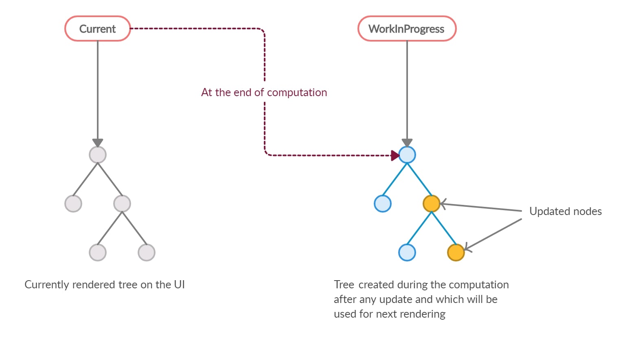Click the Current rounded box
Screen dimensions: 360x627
tap(97, 29)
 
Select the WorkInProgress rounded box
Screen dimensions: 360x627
tap(407, 29)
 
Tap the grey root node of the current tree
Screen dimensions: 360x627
tap(98, 155)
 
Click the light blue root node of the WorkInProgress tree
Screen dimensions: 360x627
tap(407, 155)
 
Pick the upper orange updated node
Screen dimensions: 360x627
tap(432, 204)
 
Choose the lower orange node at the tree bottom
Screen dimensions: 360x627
tap(456, 252)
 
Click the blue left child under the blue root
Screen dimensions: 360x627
tap(383, 204)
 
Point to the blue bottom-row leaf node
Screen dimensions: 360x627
tap(407, 252)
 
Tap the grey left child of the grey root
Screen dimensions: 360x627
tap(73, 204)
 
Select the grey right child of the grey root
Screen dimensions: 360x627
tap(122, 204)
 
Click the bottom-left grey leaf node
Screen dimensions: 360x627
tap(98, 252)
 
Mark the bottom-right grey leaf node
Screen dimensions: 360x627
tap(147, 252)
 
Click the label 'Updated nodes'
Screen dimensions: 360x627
tap(565, 211)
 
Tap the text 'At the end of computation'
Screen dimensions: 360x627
tap(264, 92)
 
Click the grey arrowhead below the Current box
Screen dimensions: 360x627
tap(98, 143)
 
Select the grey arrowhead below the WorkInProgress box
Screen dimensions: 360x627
tap(407, 143)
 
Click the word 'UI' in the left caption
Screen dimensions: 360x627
tap(180, 285)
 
